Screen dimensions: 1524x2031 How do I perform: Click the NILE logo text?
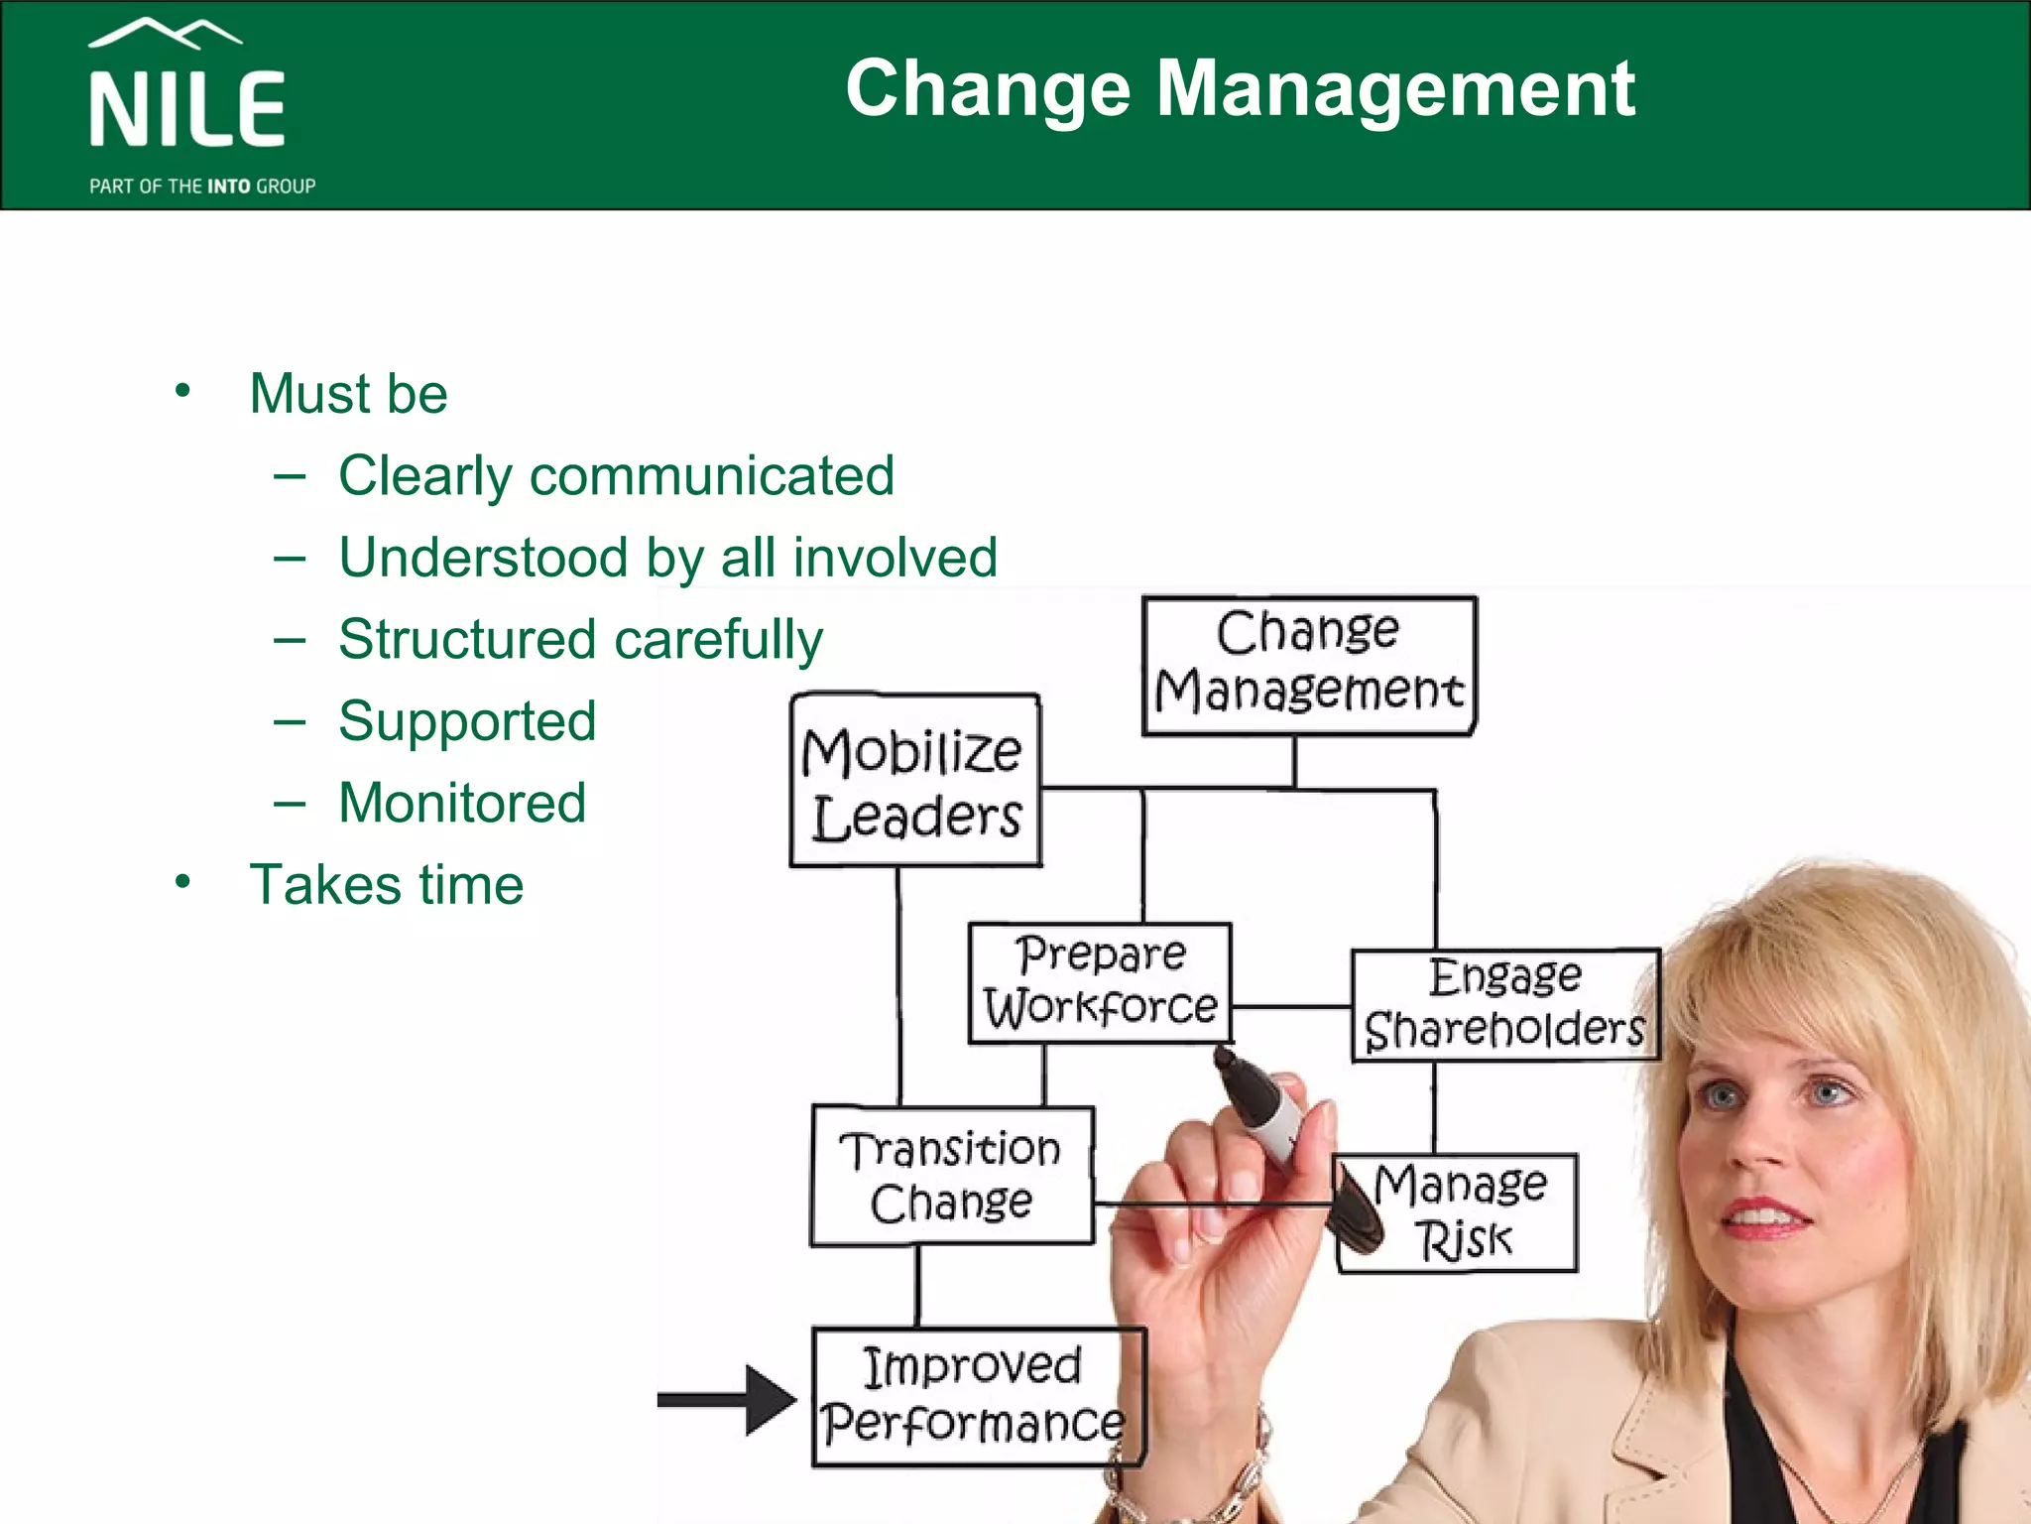187,109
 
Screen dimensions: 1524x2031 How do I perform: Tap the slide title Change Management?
1240,89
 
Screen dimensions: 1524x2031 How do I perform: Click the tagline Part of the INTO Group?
202,187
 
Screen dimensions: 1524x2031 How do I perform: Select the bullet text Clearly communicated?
616,475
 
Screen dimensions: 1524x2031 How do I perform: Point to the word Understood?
483,557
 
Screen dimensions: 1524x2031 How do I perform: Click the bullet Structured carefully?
580,639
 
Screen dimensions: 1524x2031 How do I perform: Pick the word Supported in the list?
467,721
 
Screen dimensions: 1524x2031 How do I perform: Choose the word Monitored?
462,803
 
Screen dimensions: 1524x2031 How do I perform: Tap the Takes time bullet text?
387,884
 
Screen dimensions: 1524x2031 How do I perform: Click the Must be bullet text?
348,393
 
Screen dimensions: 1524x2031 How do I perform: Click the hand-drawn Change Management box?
1309,665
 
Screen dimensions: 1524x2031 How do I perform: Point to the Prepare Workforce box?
1100,982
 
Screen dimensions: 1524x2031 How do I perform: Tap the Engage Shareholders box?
1504,1004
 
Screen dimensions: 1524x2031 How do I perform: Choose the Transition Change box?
952,1176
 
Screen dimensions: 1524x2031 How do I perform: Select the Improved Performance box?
977,1396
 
